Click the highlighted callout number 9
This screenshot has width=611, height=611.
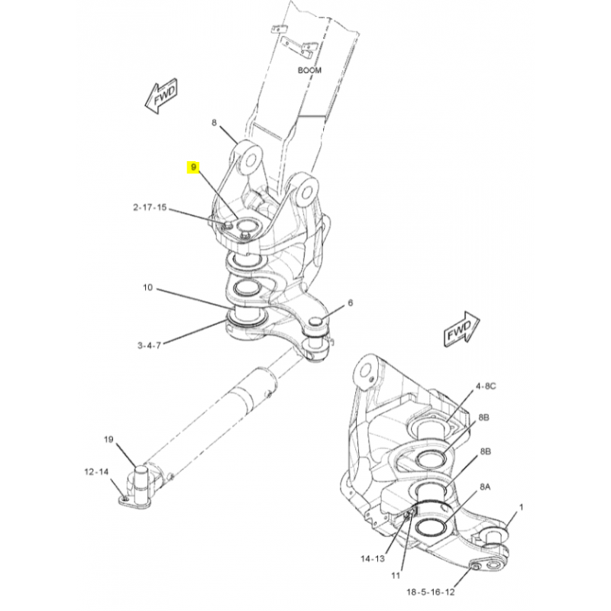194,166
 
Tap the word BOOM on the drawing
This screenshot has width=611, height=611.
310,70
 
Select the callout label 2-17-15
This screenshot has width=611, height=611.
150,208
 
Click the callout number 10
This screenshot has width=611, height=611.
147,288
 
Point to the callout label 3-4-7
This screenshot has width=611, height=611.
149,345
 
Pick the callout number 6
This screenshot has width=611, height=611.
351,303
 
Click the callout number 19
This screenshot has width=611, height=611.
108,440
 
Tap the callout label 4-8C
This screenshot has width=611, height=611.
487,386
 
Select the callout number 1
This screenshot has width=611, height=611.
522,506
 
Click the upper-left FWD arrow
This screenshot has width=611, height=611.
161,98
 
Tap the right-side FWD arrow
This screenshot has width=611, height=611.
458,331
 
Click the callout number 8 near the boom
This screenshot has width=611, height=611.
215,122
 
